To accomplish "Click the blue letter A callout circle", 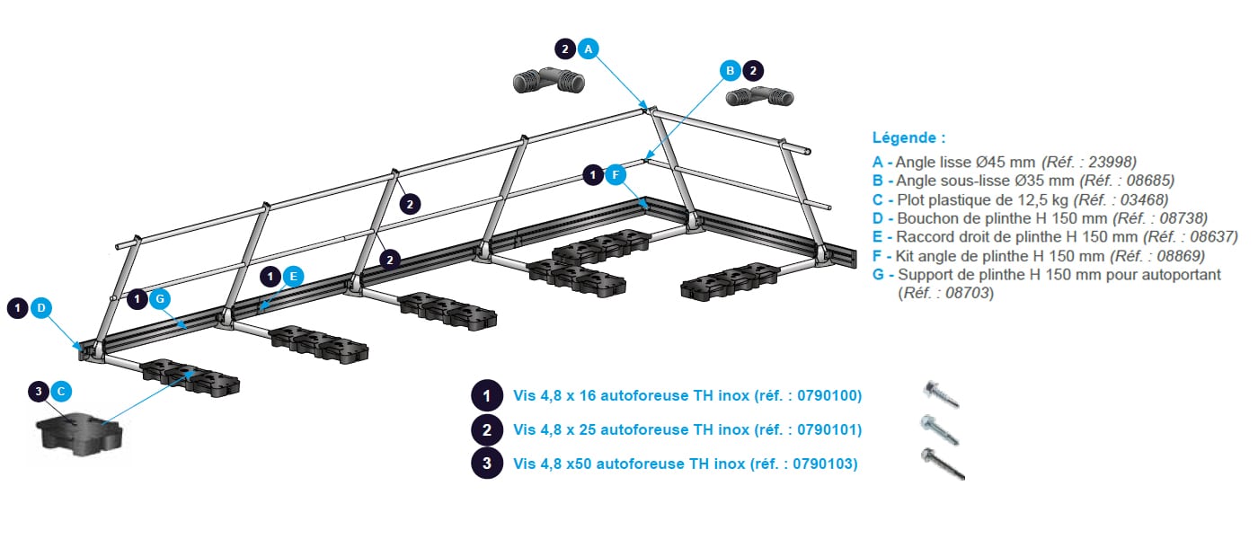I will [x=588, y=49].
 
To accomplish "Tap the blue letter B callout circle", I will [x=731, y=70].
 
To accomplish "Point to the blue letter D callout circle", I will [x=40, y=308].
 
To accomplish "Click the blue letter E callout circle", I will [x=293, y=277].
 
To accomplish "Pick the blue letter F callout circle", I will [x=616, y=175].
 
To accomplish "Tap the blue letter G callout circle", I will [x=160, y=299].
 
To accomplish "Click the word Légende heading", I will [x=908, y=138].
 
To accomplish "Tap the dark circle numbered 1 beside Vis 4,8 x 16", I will [x=487, y=395].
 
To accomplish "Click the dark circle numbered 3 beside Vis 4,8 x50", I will [x=487, y=464].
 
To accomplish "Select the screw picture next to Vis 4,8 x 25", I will [x=940, y=429].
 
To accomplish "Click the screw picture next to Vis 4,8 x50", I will [x=943, y=464].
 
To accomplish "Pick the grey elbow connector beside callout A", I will [x=548, y=83].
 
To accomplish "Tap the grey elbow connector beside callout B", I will [x=760, y=95].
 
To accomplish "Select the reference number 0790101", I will [x=826, y=430].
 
